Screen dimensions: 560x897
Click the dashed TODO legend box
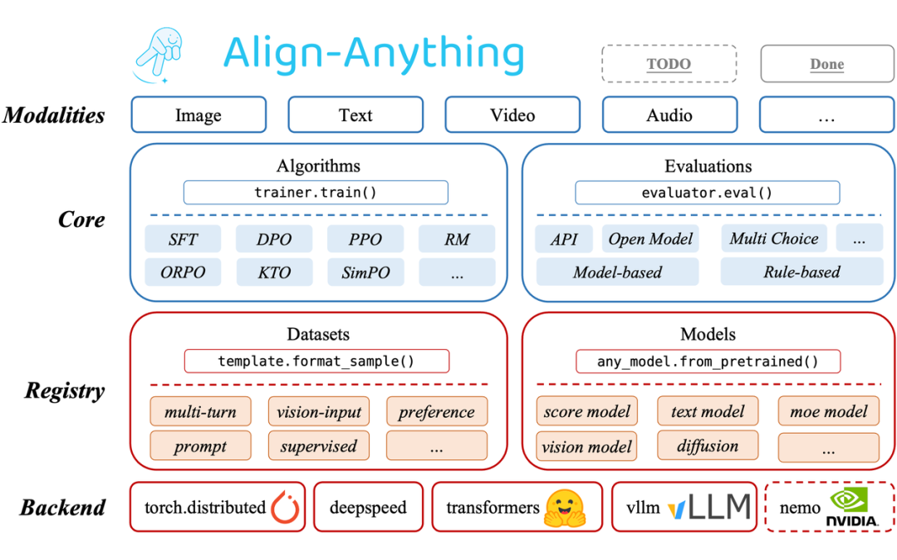coord(669,64)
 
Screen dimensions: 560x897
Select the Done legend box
coord(827,64)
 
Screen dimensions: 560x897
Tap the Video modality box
coord(512,115)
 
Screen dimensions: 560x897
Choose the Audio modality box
coord(669,115)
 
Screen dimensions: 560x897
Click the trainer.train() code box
coord(316,193)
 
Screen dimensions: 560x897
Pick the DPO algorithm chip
coord(274,239)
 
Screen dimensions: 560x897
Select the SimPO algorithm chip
coord(365,273)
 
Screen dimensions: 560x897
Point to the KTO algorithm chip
coord(274,273)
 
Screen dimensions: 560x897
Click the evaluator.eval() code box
coord(707,193)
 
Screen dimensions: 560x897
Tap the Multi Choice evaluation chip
coord(773,239)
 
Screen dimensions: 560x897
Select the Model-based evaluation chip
coord(617,273)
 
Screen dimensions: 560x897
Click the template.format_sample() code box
coord(316,361)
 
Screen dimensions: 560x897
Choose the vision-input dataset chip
coord(319,412)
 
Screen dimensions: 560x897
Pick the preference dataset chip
coord(436,412)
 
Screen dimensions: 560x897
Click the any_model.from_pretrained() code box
coord(708,361)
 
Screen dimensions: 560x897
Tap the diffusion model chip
coord(708,446)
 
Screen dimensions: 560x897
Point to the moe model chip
coord(828,411)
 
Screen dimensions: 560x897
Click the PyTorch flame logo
coord(285,507)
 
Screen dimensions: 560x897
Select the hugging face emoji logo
coord(565,507)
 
